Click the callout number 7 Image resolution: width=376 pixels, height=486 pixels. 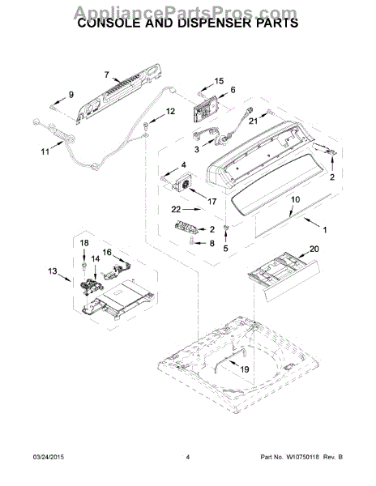click(105, 75)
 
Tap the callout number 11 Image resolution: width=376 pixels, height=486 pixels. click(45, 151)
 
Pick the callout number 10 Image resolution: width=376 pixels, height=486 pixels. click(295, 199)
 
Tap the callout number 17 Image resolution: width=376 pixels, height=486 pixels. click(213, 202)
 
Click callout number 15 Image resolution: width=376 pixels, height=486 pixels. click(217, 82)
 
